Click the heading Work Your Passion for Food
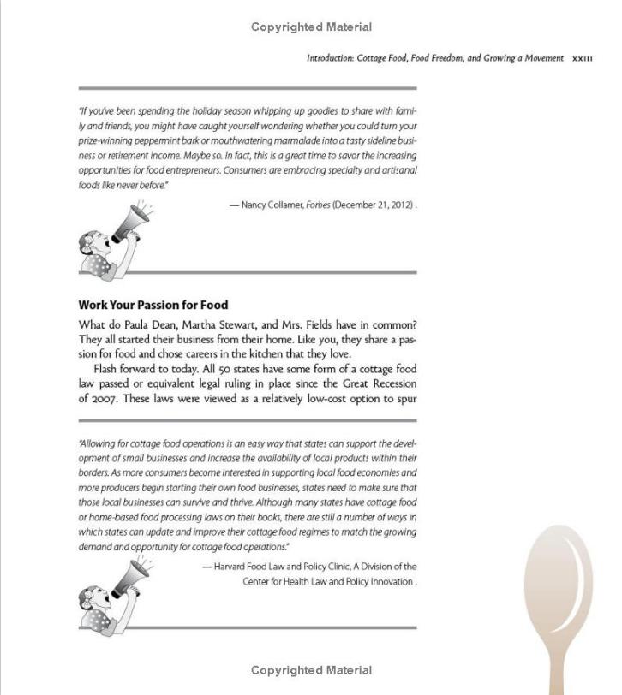[x=153, y=305]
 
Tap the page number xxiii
[x=583, y=59]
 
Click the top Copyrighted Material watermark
[x=311, y=27]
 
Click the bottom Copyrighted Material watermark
[x=311, y=670]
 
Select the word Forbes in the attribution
[x=318, y=205]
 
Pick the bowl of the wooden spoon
[x=558, y=582]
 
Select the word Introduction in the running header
[x=329, y=59]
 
